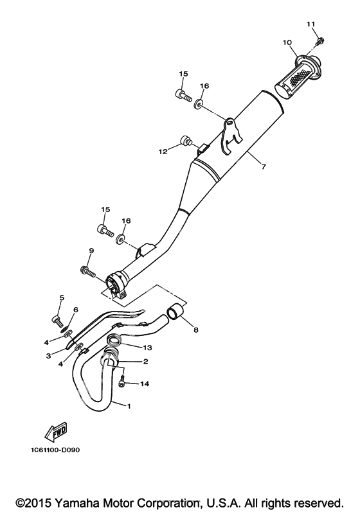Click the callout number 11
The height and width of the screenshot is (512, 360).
(310, 24)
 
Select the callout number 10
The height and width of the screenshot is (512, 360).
(287, 42)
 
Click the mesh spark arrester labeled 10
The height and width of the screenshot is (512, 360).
(298, 75)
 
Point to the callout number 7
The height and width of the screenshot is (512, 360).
(264, 166)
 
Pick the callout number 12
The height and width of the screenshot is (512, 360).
(163, 152)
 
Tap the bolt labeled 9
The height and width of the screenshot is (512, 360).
(87, 272)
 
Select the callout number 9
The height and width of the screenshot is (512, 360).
(91, 251)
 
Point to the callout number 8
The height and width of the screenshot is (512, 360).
(196, 330)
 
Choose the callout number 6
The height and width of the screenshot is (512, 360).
(76, 310)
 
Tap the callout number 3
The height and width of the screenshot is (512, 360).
(48, 356)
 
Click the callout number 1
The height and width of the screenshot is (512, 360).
(129, 407)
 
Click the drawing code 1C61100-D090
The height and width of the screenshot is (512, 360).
(55, 450)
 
